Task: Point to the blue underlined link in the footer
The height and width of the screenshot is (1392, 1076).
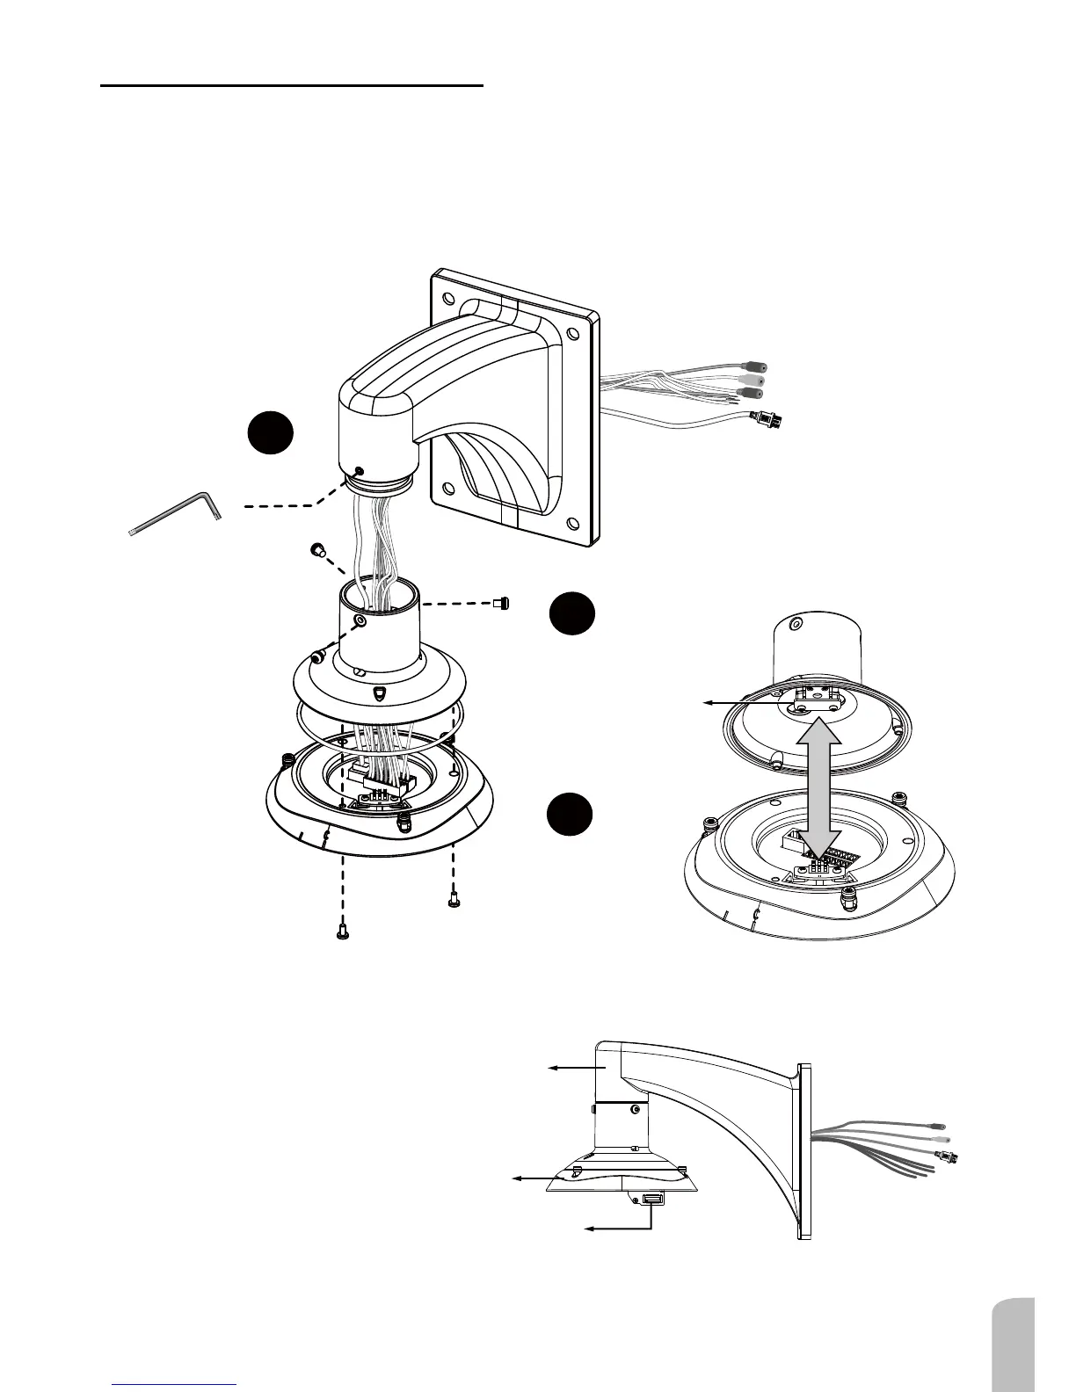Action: (176, 1384)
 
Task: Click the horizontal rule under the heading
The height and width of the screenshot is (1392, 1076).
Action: (292, 86)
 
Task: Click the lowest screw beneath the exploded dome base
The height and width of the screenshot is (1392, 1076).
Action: (342, 935)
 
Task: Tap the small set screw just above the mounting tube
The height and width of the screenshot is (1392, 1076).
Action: (318, 551)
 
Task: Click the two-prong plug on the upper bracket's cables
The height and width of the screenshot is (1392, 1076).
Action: (766, 420)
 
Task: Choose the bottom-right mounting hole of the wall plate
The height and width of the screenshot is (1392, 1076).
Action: (573, 525)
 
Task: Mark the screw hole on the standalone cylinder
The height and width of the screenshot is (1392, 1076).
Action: (796, 625)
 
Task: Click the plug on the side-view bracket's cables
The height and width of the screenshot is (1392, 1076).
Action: (949, 1156)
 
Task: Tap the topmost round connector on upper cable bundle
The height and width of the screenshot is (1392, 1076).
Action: (755, 365)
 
